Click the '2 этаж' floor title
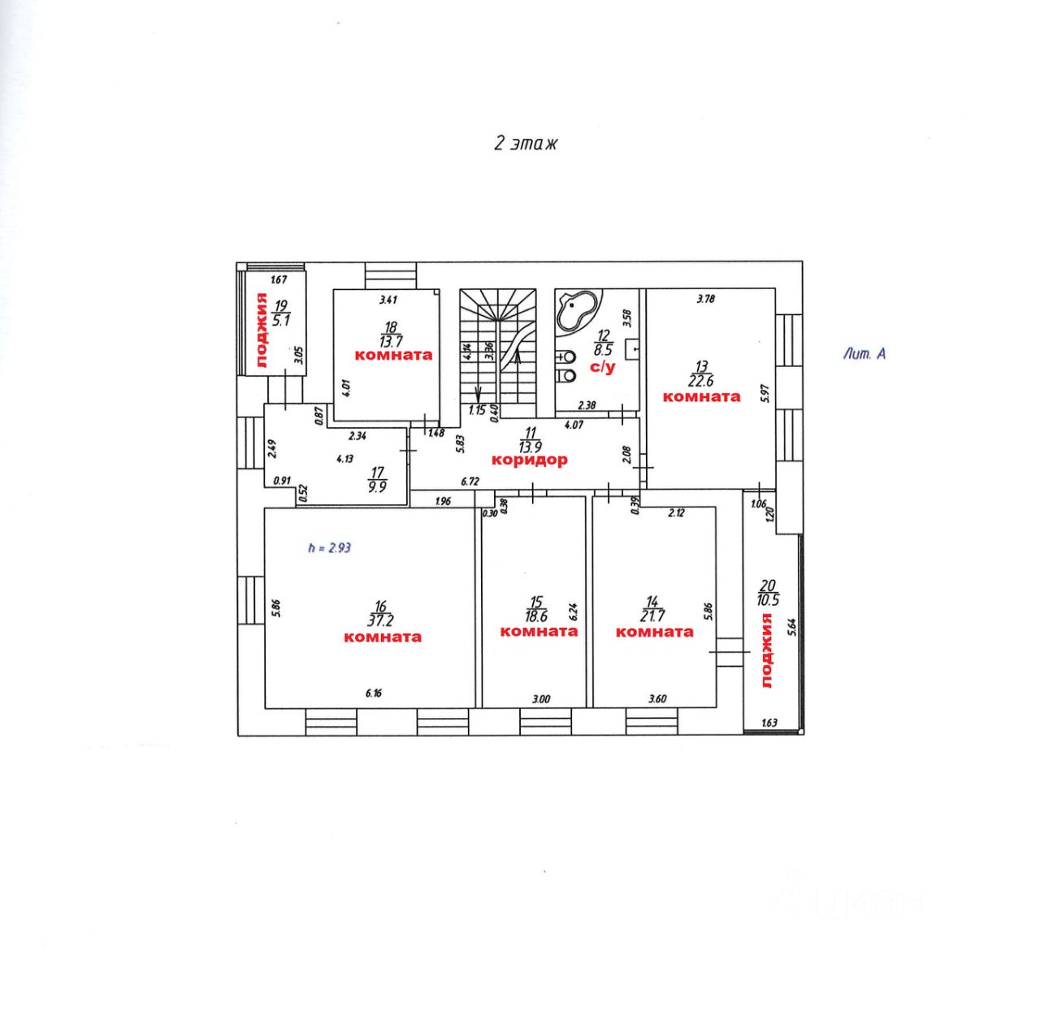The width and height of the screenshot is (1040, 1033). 526,144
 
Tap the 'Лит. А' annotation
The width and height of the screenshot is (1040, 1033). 864,353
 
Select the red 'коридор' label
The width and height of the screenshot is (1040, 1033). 529,460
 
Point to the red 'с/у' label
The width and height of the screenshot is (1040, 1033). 602,368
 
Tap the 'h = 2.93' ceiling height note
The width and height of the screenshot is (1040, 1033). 330,548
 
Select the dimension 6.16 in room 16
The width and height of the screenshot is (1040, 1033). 374,693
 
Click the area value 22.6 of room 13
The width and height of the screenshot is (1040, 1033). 700,381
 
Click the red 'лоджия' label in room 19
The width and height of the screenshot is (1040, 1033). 262,331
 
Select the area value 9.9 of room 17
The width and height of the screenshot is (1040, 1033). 377,487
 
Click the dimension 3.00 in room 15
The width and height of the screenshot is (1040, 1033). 540,698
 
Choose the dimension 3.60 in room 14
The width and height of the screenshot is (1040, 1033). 657,698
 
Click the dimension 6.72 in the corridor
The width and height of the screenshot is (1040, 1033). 470,481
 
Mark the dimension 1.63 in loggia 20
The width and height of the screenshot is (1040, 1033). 768,723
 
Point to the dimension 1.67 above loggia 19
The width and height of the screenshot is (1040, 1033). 279,280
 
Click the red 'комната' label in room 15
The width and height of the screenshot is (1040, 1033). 539,631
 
